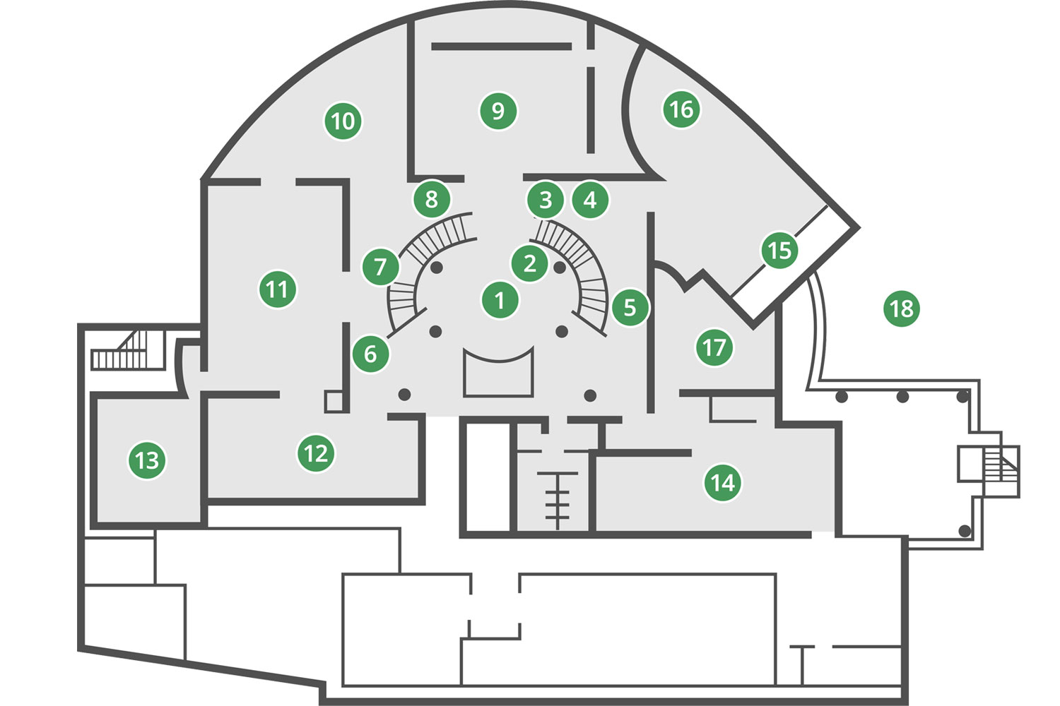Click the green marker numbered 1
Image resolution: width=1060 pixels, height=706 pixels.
coord(500,300)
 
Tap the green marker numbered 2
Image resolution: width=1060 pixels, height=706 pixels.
coord(529,263)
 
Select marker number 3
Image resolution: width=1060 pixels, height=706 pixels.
coord(546,200)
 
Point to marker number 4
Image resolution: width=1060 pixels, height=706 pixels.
coord(590,200)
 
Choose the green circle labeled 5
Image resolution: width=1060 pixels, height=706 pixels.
coord(630,307)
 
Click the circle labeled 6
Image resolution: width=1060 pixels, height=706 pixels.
coord(371,354)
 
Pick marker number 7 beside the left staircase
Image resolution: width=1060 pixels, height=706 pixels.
coord(380,267)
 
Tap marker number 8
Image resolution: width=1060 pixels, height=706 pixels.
coord(432,199)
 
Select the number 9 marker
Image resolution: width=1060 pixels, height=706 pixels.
coord(498,111)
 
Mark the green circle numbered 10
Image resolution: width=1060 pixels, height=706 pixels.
coord(343,121)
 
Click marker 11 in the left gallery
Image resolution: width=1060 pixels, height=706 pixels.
coord(278,289)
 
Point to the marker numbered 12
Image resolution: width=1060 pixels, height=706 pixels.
coord(316,453)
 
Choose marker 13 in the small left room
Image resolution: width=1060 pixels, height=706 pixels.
coord(147,460)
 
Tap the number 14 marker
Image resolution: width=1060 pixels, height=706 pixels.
coord(723,483)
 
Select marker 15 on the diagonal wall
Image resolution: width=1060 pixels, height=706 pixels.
coord(779,250)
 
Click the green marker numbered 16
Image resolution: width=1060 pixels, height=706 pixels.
coord(681,109)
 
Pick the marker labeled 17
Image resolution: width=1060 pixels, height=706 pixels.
coord(714,347)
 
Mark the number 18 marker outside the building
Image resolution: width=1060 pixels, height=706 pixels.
coord(902,309)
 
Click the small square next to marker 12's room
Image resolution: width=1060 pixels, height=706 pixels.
coord(334,402)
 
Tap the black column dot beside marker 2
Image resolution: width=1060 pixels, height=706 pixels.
coord(560,268)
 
